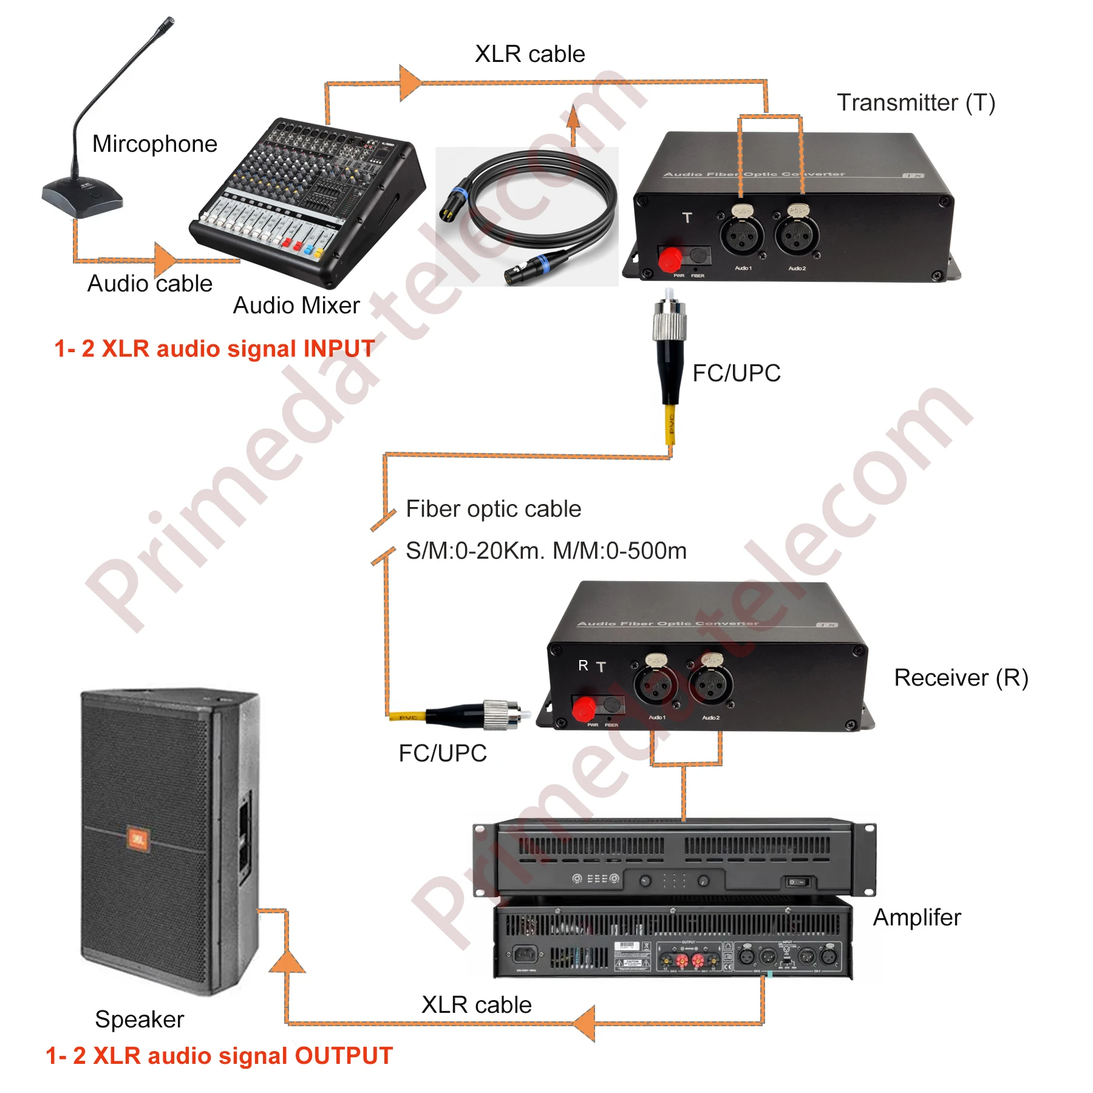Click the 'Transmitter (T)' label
point(916,103)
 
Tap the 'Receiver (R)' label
point(961,677)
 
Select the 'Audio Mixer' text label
point(296,305)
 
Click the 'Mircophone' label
point(155,144)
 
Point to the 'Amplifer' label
point(917,917)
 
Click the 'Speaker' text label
point(140,1019)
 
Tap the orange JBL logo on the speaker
point(138,839)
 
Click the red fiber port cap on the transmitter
point(670,259)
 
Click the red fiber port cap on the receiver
point(584,709)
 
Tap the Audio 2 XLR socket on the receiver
point(710,685)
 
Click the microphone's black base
point(82,197)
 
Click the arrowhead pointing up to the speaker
point(287,961)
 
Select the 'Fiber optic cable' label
point(493,509)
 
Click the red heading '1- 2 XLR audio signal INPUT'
point(214,349)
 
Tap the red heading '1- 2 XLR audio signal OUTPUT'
point(219,1055)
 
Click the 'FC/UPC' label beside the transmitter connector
point(737,373)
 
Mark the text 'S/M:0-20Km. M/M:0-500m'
point(546,551)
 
